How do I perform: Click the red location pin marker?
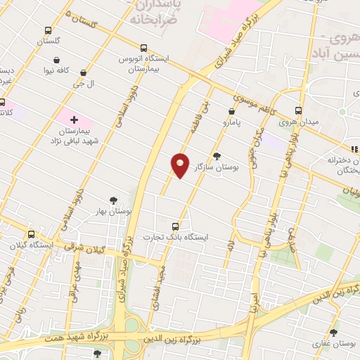181,165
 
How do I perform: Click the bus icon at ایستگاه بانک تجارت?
175,226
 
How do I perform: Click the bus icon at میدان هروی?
298,112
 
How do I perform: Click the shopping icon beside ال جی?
84,72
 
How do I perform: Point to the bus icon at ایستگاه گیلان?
30,235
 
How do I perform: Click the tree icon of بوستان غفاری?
333,333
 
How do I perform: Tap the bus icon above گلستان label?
47,31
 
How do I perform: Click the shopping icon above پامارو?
232,111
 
